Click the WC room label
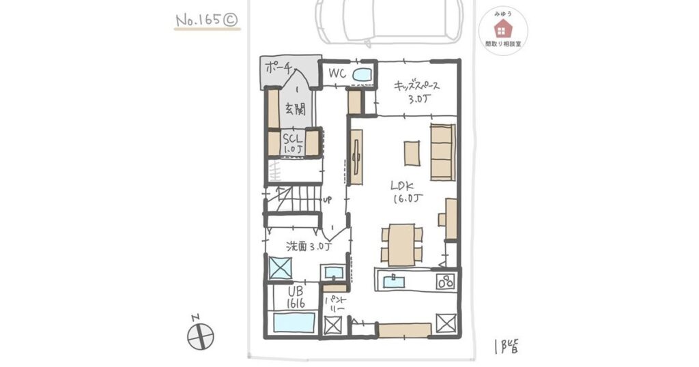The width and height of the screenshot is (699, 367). [337, 74]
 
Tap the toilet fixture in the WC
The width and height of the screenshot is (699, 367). [362, 75]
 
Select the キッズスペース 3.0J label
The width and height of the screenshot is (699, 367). [417, 92]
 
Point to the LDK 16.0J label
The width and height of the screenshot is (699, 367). [407, 192]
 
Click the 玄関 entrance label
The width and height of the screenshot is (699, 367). [295, 109]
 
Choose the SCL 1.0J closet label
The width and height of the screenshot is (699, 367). [292, 143]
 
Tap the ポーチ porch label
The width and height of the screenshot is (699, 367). [279, 68]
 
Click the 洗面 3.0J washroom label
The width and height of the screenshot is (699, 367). [309, 246]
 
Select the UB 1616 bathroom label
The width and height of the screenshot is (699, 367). [296, 297]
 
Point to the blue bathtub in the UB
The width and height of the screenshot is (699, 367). [294, 323]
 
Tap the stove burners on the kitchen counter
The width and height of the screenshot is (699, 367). [445, 282]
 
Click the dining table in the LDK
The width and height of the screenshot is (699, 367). [401, 245]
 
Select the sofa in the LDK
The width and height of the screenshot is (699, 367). [442, 152]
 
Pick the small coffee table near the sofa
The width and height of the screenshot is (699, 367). [412, 153]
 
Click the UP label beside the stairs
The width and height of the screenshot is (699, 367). [327, 200]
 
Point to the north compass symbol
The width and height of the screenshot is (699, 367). [200, 334]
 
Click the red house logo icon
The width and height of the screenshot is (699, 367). [503, 29]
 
